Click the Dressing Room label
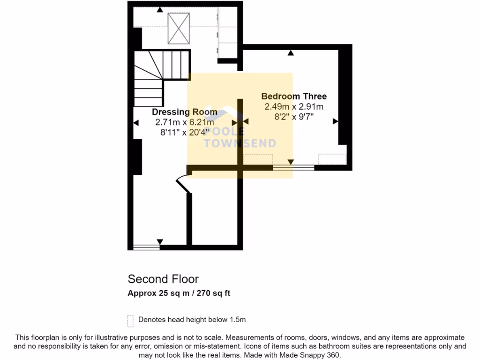[x=184, y=112]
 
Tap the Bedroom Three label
[x=294, y=97]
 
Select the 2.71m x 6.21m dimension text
[x=184, y=122]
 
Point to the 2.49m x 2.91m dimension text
[x=294, y=107]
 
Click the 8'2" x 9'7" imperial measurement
[x=294, y=117]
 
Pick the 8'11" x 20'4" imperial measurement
[x=184, y=132]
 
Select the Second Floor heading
[x=163, y=279]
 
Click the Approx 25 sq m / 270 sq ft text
[x=179, y=294]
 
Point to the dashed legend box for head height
[x=130, y=321]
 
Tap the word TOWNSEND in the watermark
[x=240, y=144]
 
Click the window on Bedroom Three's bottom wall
[x=293, y=167]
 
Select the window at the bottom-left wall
[x=146, y=247]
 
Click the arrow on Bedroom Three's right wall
[x=335, y=121]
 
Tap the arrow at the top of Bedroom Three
[x=291, y=53]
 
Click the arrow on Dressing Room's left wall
[x=136, y=123]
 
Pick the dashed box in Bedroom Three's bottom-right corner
[x=332, y=159]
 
